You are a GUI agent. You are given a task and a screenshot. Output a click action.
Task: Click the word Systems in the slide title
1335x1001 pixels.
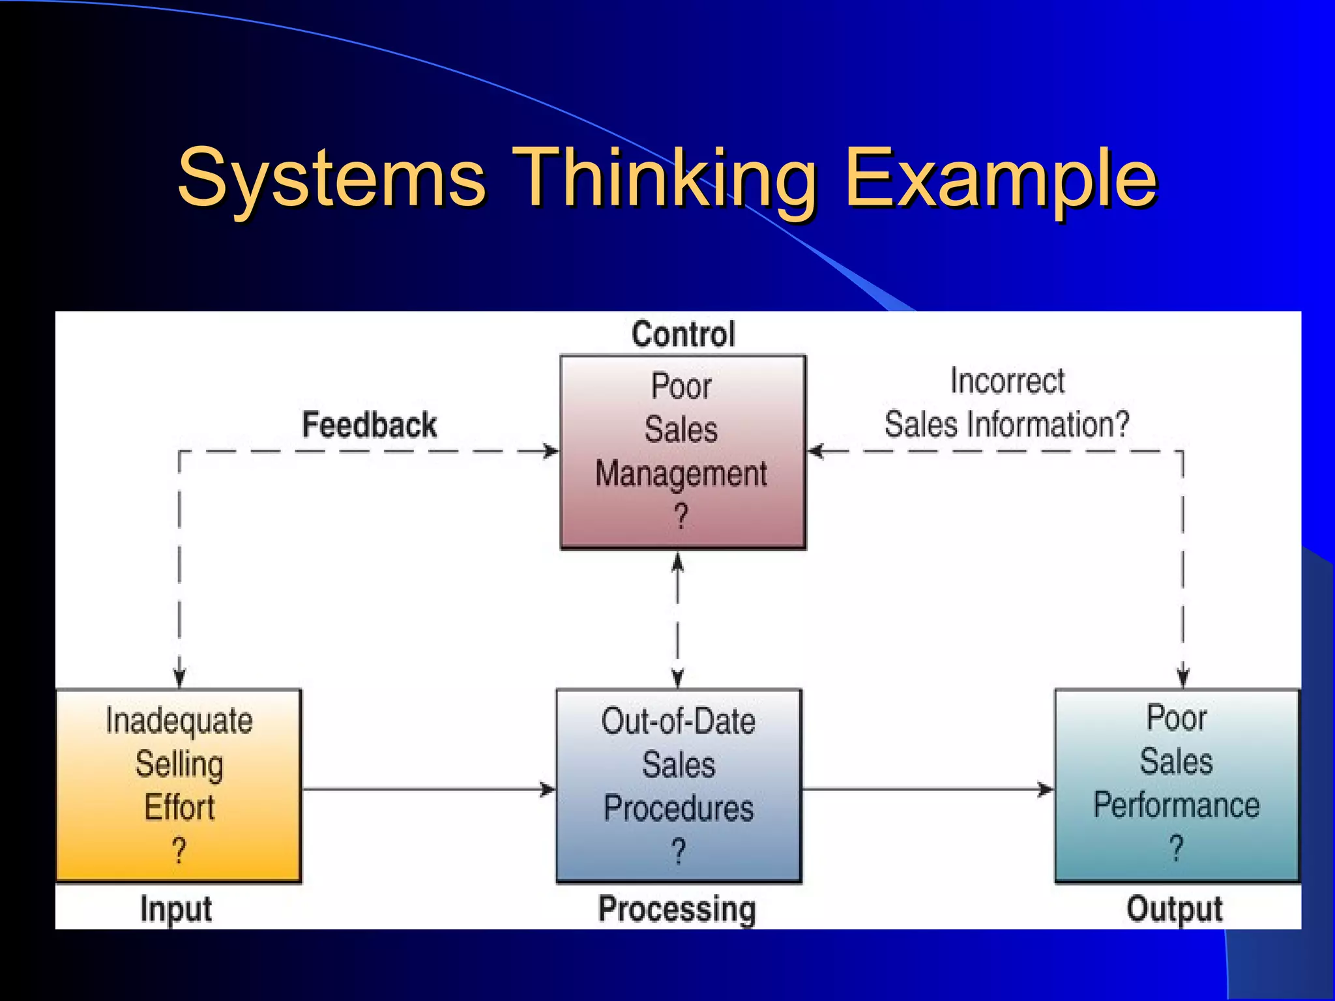[x=331, y=177]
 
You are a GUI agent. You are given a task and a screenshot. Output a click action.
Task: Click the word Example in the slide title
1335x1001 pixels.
[x=1000, y=177]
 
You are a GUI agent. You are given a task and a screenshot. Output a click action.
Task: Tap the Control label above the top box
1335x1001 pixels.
[x=683, y=334]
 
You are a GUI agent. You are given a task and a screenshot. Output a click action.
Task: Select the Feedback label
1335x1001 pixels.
[x=369, y=425]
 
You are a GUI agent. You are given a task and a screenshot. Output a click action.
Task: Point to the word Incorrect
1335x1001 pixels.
[x=1007, y=381]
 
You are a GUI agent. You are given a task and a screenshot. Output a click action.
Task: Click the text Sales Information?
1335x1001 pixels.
[x=1006, y=424]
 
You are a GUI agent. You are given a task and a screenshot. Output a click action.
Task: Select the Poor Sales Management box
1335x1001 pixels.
[x=683, y=452]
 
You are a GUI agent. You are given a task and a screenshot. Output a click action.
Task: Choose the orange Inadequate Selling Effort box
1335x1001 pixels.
[x=179, y=785]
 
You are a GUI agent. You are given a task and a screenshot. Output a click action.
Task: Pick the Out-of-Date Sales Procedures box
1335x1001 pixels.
[x=679, y=785]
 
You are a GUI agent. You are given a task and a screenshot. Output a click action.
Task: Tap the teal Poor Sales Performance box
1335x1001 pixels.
[x=1177, y=785]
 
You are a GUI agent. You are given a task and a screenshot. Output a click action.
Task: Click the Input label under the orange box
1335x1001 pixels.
[x=176, y=909]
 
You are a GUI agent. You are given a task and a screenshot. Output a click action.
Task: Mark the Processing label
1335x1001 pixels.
[x=677, y=909]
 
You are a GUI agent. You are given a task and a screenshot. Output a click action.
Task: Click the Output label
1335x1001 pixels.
[x=1175, y=909]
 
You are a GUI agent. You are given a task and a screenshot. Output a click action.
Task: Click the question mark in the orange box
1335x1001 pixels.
[x=179, y=850]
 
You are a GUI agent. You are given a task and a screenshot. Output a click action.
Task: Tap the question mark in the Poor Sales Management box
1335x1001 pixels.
[x=681, y=517]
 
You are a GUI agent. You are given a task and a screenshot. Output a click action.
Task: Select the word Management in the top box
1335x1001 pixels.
[x=681, y=474]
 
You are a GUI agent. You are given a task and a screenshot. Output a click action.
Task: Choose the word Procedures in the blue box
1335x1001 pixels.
[x=679, y=808]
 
